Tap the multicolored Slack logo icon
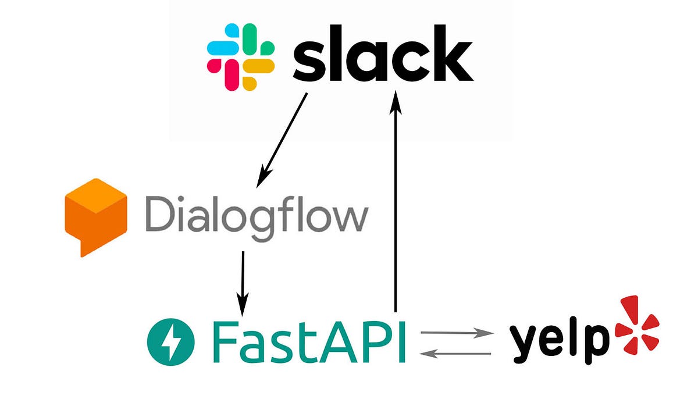(x=241, y=56)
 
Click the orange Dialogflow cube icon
(x=95, y=215)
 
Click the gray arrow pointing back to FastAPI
(x=457, y=352)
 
